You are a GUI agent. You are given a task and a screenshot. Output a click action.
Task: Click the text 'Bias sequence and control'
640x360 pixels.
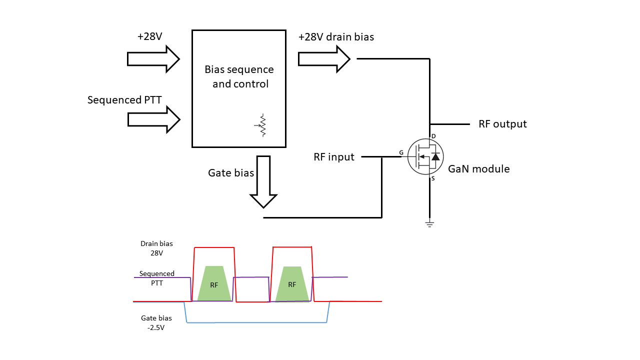tap(239, 76)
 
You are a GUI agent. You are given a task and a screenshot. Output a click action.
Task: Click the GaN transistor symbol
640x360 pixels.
tap(425, 157)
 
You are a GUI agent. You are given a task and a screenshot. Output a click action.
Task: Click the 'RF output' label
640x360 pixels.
tap(502, 124)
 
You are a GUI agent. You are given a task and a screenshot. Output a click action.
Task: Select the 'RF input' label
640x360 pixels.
tap(334, 157)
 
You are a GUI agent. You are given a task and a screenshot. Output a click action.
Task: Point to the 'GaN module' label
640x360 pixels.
tap(478, 169)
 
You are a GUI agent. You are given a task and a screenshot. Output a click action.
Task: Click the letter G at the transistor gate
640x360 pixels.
tap(401, 152)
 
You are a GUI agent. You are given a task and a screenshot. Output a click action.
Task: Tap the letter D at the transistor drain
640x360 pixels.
tap(433, 136)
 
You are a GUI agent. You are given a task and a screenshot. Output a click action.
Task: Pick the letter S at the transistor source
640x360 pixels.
tap(433, 178)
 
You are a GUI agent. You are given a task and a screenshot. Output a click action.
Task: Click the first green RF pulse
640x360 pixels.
tap(214, 284)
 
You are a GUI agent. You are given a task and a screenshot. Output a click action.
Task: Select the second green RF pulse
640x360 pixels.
tap(292, 284)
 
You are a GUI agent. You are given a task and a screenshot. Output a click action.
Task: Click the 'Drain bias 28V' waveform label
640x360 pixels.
tap(156, 248)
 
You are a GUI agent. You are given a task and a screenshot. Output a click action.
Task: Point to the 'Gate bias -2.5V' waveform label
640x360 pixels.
tap(156, 322)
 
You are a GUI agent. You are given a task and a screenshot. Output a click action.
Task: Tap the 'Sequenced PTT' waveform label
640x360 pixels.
tap(156, 278)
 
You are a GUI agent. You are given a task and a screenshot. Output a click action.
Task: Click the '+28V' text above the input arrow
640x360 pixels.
tap(149, 36)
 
